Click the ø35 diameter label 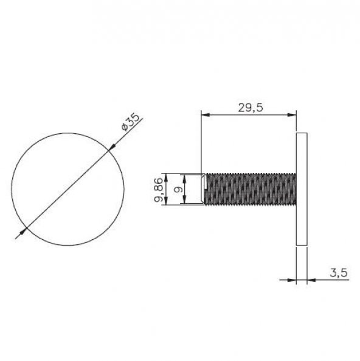point(130,122)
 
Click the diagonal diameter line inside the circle point(67,189)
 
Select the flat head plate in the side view point(301,189)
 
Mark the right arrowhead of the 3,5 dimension point(311,280)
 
